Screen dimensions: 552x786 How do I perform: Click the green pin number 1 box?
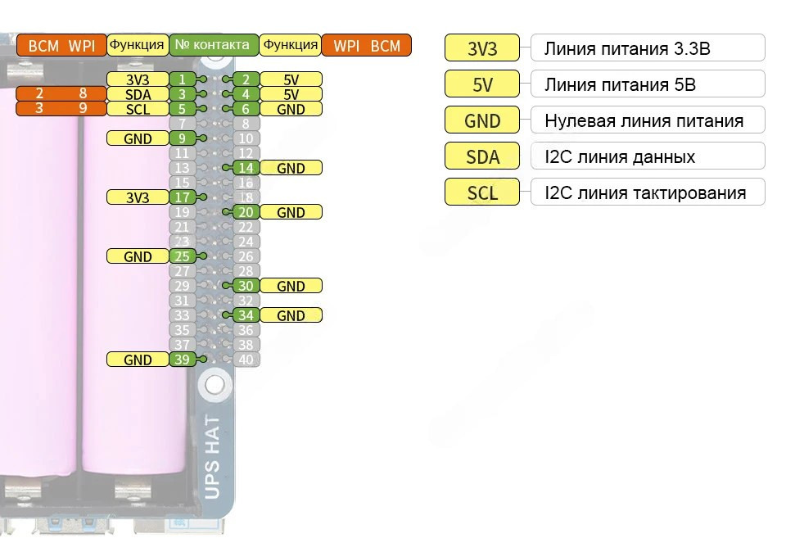click(182, 79)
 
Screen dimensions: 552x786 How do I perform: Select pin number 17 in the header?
click(182, 197)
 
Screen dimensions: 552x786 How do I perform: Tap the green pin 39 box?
click(182, 360)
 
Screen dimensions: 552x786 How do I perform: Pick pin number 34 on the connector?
click(246, 315)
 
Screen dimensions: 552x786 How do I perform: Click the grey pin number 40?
click(246, 360)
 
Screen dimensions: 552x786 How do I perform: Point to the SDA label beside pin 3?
click(138, 94)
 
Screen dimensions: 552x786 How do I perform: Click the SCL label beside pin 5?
click(138, 109)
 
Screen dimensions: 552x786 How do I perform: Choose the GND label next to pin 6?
click(291, 109)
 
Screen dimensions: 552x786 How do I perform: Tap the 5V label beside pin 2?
click(291, 79)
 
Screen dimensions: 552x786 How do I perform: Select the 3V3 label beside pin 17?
click(138, 197)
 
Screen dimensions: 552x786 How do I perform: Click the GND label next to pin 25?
click(138, 256)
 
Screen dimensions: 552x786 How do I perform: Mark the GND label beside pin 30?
click(291, 286)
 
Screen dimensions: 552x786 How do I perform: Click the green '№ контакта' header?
click(214, 45)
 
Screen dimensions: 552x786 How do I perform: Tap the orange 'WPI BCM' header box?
click(367, 45)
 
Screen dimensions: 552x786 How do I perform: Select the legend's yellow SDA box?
click(482, 156)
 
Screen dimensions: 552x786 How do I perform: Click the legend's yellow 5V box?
click(482, 84)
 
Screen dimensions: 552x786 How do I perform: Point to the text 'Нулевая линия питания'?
click(644, 121)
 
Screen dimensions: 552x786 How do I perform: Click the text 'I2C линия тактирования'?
click(645, 193)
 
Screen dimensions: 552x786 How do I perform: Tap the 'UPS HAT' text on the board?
click(212, 456)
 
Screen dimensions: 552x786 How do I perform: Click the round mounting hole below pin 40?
click(215, 383)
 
